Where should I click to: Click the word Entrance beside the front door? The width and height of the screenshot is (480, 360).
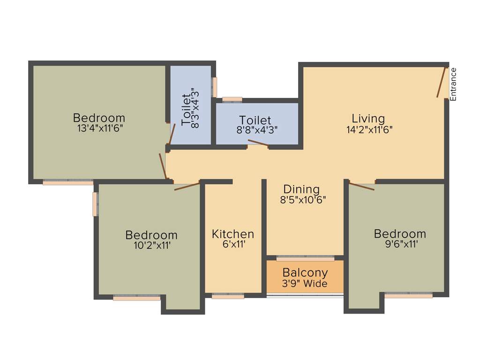[x=453, y=84]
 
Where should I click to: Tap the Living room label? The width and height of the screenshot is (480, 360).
[x=368, y=119]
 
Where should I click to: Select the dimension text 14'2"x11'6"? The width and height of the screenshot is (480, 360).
[x=368, y=130]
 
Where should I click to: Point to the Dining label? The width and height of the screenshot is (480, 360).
[x=301, y=189]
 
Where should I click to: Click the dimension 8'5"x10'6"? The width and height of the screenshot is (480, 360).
[x=303, y=200]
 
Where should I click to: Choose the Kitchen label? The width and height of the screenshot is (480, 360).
[x=233, y=234]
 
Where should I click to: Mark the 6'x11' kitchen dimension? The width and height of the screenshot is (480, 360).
[x=233, y=244]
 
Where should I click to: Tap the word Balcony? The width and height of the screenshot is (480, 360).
[x=305, y=273]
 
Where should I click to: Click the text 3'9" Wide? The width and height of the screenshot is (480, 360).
[x=305, y=284]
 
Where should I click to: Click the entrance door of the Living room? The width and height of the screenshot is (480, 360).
[x=442, y=82]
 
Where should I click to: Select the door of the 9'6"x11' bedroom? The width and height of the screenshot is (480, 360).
[x=362, y=186]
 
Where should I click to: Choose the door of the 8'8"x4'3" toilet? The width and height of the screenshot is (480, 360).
[x=258, y=143]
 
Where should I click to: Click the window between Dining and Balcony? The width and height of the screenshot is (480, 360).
[x=305, y=258]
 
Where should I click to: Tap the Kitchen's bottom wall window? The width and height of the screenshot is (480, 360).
[x=228, y=296]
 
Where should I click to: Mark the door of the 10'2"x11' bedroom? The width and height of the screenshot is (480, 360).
[x=187, y=185]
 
